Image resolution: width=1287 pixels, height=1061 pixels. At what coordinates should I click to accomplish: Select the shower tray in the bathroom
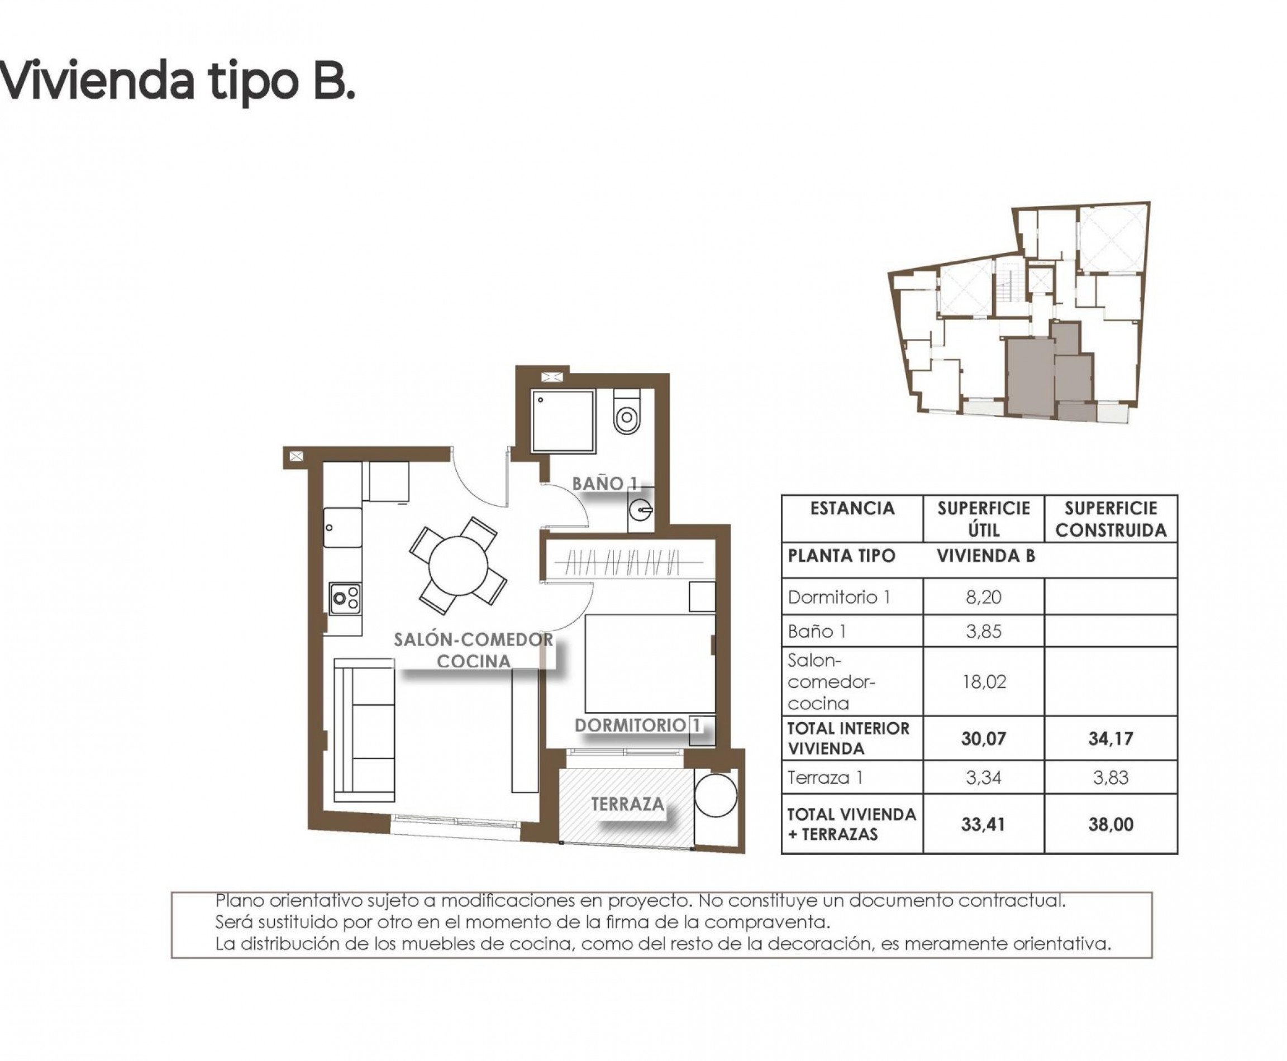(x=563, y=421)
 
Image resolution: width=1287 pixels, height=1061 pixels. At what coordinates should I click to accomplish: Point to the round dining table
(x=459, y=565)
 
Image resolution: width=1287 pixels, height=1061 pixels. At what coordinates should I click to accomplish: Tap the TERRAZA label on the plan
(x=627, y=804)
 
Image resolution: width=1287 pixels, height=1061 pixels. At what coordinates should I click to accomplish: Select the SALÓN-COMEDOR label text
(x=473, y=640)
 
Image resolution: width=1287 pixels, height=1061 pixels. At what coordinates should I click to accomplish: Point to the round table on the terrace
(x=716, y=795)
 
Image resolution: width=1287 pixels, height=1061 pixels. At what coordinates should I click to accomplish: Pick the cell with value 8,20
(x=983, y=597)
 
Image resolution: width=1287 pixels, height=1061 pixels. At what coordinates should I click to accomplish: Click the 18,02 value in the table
(x=983, y=681)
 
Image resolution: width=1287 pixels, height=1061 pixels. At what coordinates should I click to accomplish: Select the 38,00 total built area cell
(x=1110, y=824)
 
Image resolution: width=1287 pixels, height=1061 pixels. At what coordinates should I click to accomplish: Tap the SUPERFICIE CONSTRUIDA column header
(x=1110, y=519)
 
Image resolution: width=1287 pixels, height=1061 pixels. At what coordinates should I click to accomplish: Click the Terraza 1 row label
(x=826, y=777)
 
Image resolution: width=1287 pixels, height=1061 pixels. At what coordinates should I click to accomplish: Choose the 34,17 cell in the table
(x=1110, y=738)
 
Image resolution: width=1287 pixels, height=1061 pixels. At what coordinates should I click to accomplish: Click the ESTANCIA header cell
(x=852, y=509)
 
